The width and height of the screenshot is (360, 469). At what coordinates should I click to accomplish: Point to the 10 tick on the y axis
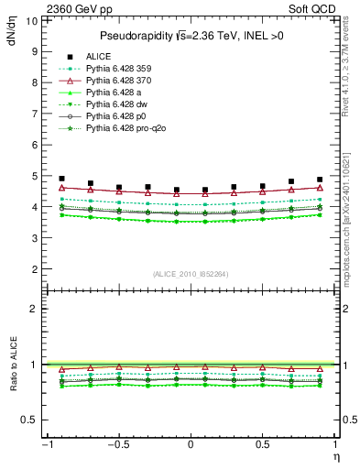(33, 19)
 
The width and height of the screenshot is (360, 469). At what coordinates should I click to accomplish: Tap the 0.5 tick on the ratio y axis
(31, 420)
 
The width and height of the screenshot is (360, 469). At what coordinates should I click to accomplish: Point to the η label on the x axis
(337, 455)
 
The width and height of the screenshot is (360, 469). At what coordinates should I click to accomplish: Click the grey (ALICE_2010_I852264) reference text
(191, 274)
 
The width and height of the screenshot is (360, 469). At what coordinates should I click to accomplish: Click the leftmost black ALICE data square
(61, 179)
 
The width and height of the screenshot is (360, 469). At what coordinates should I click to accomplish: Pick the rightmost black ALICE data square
(320, 180)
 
